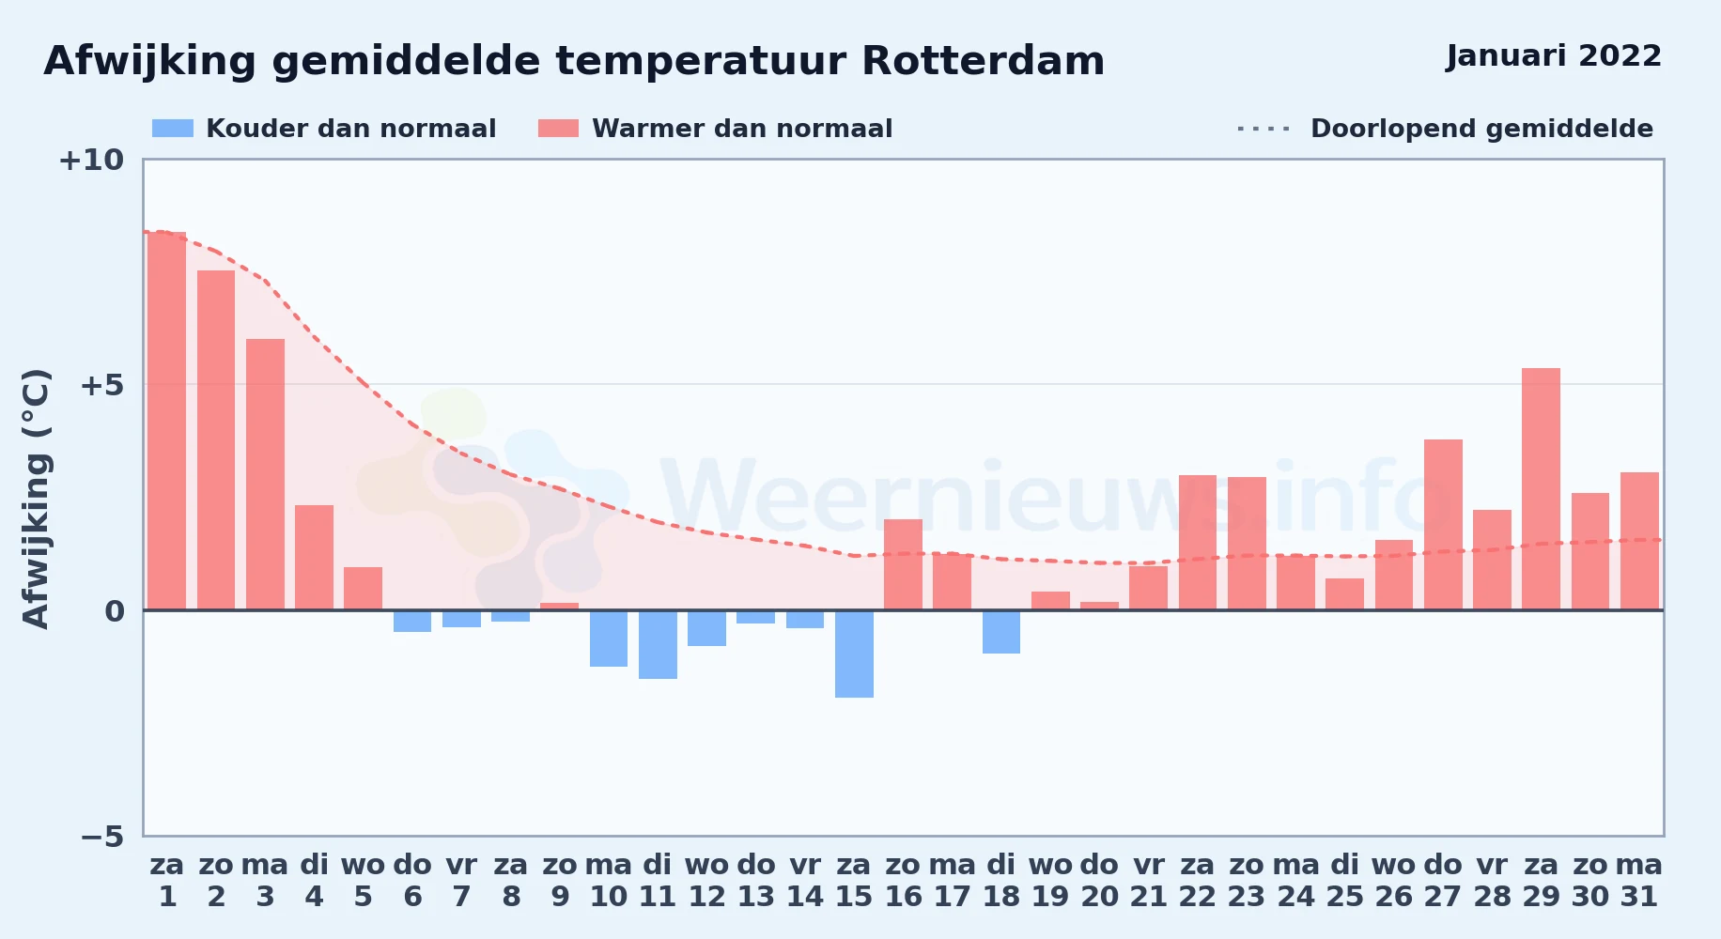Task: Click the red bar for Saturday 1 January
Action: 167,421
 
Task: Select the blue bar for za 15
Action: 854,654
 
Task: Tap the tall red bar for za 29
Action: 1541,488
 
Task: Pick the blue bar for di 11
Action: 658,644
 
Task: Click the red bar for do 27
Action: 1443,524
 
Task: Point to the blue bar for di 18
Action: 1001,632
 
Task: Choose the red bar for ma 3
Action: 265,474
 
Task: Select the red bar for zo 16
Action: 903,564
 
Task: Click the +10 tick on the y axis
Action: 91,161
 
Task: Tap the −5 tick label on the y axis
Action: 102,837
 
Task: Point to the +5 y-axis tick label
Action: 102,385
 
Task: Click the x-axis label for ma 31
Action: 1639,881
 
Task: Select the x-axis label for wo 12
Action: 706,881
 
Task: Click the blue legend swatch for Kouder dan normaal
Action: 173,129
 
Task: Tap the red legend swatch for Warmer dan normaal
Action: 559,129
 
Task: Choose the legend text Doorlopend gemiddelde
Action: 1481,129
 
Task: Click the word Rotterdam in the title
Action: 983,62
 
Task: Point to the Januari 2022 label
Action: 1554,56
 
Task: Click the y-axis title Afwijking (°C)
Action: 36,499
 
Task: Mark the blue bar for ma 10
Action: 609,639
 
